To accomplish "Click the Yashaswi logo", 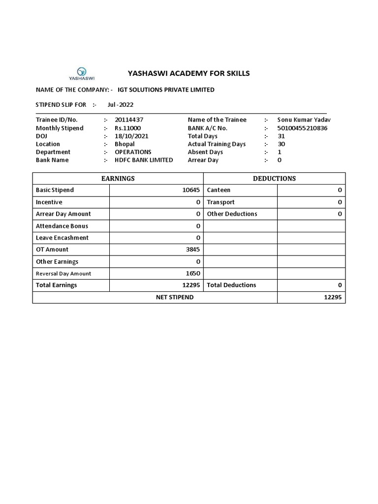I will click(x=82, y=73).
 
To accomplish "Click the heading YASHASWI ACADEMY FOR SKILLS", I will click(x=189, y=73).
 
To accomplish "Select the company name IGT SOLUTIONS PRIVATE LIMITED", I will click(x=166, y=90).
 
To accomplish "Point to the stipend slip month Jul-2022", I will click(x=120, y=104).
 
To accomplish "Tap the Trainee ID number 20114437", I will click(x=129, y=120).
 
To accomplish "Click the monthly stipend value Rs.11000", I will click(x=127, y=128).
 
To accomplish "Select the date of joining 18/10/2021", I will click(x=131, y=136).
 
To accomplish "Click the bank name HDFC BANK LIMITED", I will click(x=144, y=160).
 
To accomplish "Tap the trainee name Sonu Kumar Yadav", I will click(x=304, y=120).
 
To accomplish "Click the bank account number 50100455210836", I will click(x=302, y=128).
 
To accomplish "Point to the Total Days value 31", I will click(x=281, y=136).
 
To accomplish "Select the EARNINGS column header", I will click(x=118, y=178).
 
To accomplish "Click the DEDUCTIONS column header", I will click(x=274, y=178).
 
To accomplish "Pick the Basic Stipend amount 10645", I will click(x=191, y=190).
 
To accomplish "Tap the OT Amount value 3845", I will click(x=193, y=250).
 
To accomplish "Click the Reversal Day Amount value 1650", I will click(x=193, y=273).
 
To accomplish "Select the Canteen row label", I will click(x=219, y=190).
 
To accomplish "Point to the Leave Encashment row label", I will click(x=62, y=238).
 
